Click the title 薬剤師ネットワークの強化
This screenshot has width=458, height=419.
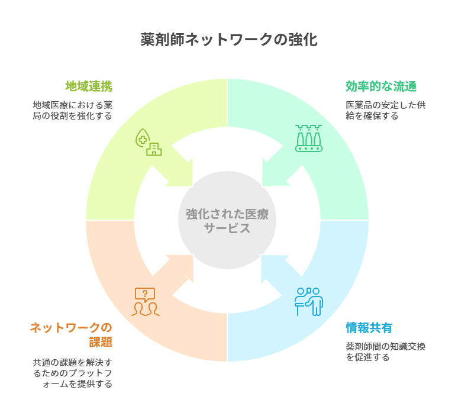tap(228, 40)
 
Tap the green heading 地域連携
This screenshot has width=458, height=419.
tap(89, 86)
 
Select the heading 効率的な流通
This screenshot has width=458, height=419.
tap(381, 86)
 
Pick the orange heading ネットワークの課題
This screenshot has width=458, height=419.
tap(71, 335)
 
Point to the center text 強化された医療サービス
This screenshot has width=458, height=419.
tap(227, 221)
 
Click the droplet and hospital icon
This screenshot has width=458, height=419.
tap(149, 142)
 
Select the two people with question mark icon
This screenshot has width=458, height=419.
tap(145, 302)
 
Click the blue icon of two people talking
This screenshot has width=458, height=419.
tap(308, 301)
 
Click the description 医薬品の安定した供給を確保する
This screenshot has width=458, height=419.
tap(385, 111)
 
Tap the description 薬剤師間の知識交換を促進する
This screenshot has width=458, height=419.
tap(385, 352)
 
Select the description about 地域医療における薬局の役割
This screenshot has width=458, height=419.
tap(73, 111)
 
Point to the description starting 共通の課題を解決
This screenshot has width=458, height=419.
tap(72, 372)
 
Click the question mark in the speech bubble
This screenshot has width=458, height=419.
tap(145, 293)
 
